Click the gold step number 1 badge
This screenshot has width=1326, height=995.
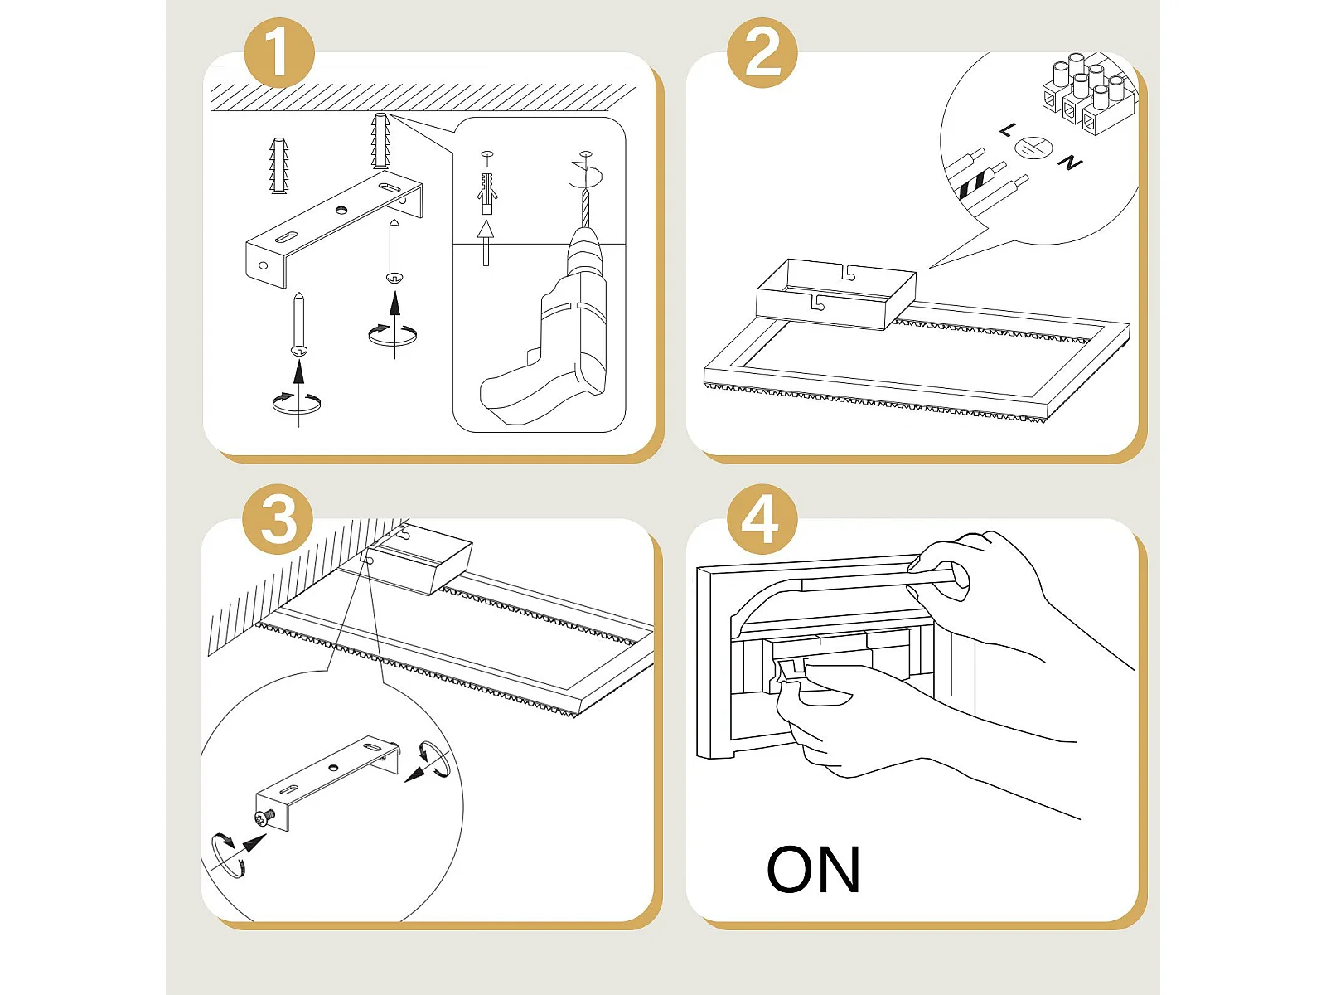(279, 52)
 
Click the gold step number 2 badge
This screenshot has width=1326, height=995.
(762, 52)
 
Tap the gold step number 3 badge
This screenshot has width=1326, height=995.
(278, 519)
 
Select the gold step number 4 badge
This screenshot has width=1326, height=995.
(762, 519)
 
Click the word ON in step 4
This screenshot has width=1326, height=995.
(813, 869)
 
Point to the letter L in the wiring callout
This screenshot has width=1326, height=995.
(1008, 129)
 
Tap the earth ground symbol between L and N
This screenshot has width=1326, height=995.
(1033, 148)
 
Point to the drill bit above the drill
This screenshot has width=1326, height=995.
(585, 208)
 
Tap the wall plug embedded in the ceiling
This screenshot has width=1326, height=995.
(380, 141)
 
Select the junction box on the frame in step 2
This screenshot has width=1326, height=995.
(836, 294)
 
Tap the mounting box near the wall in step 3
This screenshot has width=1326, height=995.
(419, 560)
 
